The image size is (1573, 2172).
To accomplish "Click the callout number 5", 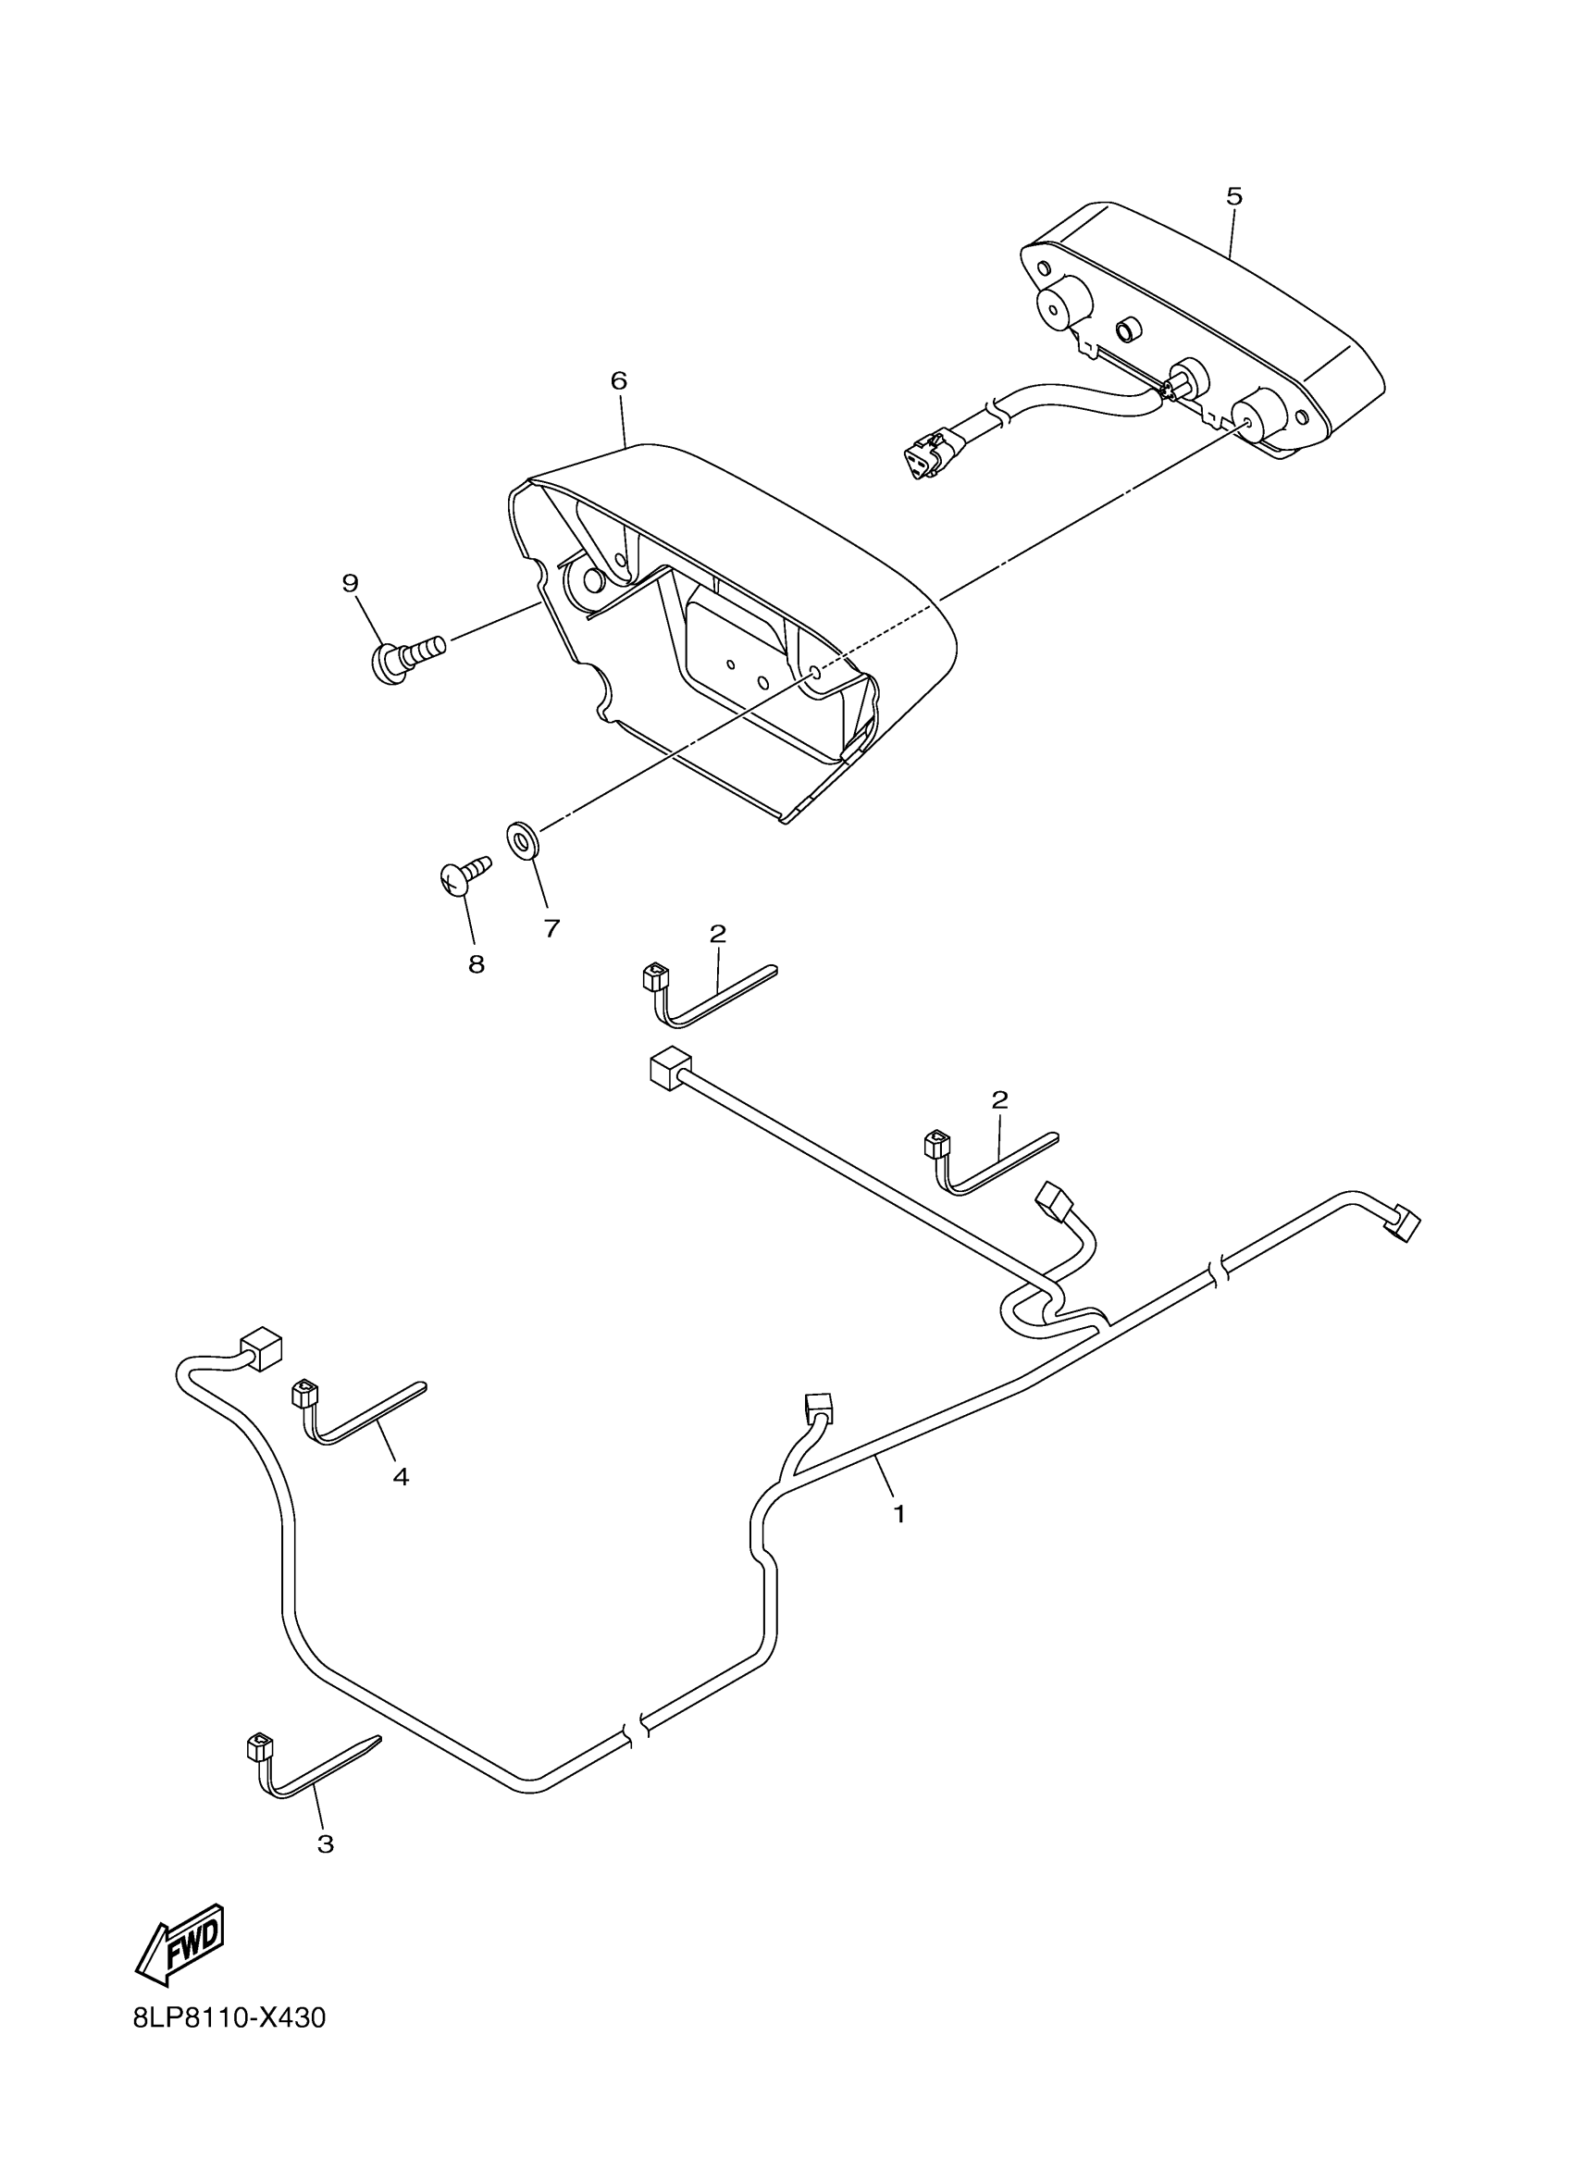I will point(1234,197).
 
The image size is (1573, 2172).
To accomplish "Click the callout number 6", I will point(618,381).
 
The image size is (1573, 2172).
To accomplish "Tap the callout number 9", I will point(350,583).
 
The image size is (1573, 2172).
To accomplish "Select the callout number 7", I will point(551,928).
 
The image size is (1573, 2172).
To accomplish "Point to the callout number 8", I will point(476,964).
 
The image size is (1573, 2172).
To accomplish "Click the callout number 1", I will point(898,1514).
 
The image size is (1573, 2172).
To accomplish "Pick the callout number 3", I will point(326,1843).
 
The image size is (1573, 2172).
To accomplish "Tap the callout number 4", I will point(401,1477).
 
